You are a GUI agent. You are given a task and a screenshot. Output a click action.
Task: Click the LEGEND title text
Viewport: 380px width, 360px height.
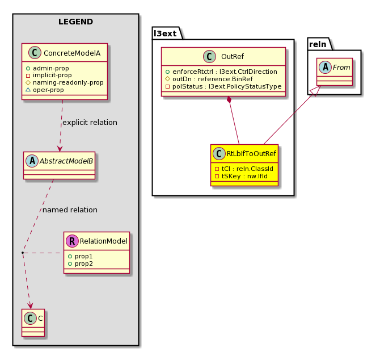(75, 22)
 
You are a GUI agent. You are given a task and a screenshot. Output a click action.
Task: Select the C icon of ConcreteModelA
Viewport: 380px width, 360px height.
(35, 53)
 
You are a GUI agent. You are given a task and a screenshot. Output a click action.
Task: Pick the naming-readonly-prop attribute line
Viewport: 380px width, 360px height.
(65, 83)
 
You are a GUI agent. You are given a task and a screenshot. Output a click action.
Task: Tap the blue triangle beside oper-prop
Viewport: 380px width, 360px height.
(28, 90)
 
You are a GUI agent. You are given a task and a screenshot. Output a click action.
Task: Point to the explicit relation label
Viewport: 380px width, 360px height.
(90, 123)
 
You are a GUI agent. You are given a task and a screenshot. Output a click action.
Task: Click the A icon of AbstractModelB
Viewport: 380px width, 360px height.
(32, 161)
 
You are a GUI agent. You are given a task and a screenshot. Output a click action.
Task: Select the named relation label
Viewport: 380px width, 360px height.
(70, 210)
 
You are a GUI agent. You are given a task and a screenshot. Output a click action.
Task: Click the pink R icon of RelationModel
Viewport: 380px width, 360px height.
(72, 241)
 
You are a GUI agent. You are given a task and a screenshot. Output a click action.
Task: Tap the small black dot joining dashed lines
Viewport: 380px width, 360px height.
(23, 253)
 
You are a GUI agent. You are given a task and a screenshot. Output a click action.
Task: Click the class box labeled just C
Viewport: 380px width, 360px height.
(33, 323)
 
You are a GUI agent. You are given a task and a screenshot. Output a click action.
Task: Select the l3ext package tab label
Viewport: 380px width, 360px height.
(165, 34)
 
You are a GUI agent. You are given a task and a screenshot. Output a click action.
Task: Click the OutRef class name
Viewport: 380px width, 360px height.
(233, 57)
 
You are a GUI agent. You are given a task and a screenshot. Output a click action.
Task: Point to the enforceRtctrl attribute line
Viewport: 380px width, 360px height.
(221, 72)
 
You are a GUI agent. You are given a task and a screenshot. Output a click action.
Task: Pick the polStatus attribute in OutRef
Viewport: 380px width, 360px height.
(223, 87)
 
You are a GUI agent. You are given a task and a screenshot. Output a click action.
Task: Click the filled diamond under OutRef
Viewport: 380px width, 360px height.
(229, 100)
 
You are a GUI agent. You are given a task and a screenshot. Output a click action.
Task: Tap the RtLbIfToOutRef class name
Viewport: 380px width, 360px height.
(251, 153)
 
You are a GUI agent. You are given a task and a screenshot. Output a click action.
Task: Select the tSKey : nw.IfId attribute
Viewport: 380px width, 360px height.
(242, 176)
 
